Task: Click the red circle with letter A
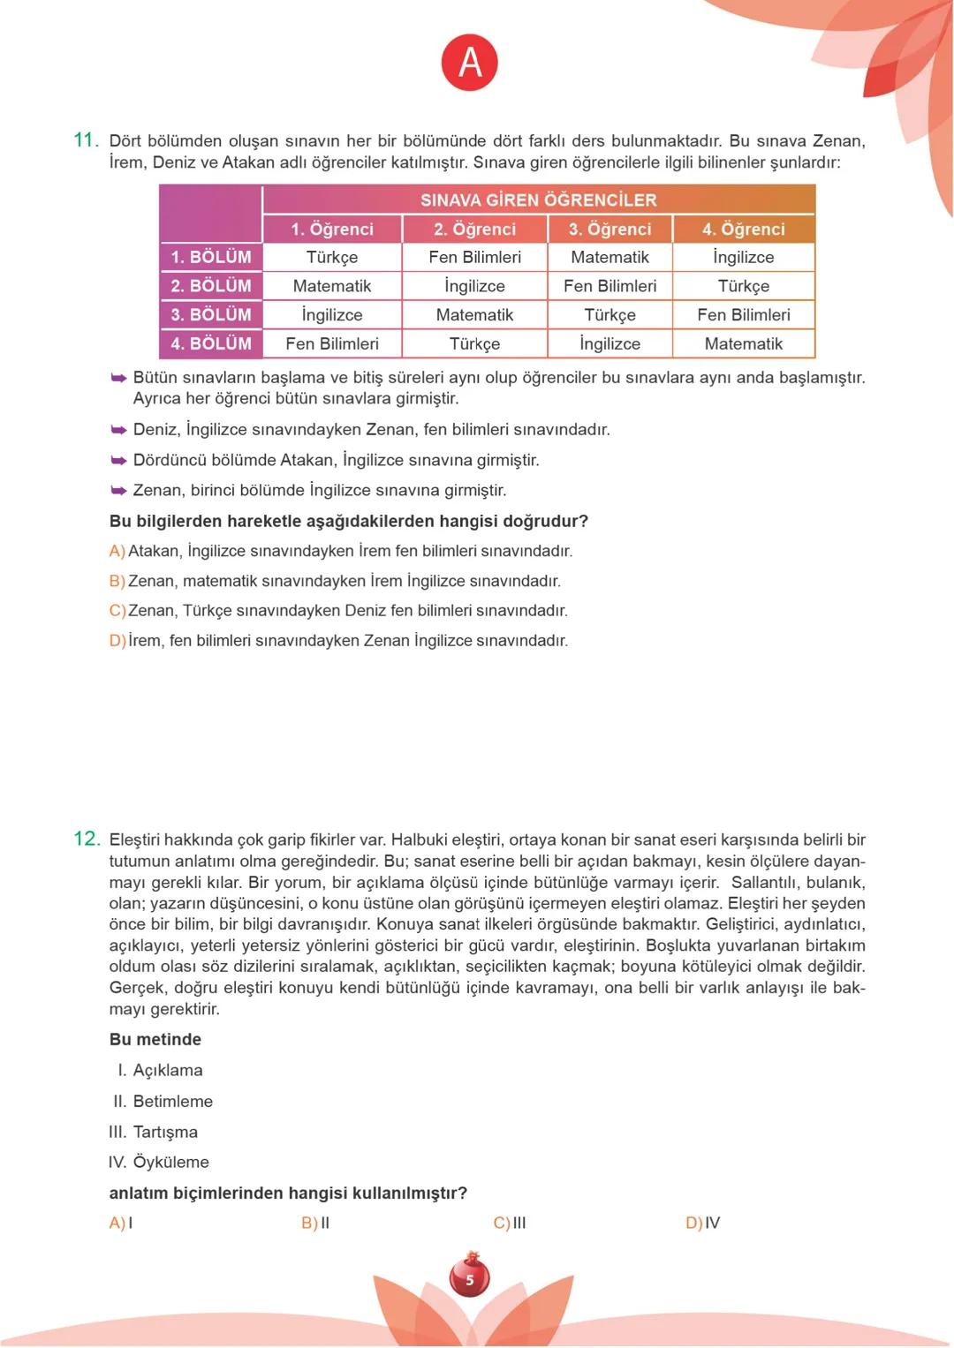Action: pyautogui.click(x=470, y=63)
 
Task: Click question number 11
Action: pyautogui.click(x=86, y=139)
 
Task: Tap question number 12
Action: pyautogui.click(x=87, y=839)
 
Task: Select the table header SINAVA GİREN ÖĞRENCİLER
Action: pyautogui.click(x=538, y=200)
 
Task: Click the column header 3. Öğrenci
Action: pyautogui.click(x=609, y=229)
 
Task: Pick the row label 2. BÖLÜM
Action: pyautogui.click(x=211, y=286)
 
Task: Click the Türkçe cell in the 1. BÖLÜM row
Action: pyautogui.click(x=332, y=257)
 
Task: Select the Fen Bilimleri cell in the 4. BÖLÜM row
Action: pyautogui.click(x=332, y=343)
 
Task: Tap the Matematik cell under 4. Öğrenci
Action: pyautogui.click(x=743, y=343)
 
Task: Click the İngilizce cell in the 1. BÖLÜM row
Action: pyautogui.click(x=743, y=257)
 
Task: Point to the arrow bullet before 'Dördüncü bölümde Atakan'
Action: pyautogui.click(x=118, y=460)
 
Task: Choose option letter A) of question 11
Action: pyautogui.click(x=117, y=551)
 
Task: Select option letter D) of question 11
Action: pyautogui.click(x=117, y=640)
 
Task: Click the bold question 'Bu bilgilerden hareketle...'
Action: pyautogui.click(x=348, y=521)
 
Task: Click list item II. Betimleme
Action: pyautogui.click(x=163, y=1101)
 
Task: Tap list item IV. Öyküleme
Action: pyautogui.click(x=159, y=1162)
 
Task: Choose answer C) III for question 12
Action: pyautogui.click(x=510, y=1223)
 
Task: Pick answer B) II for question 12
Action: pyautogui.click(x=315, y=1223)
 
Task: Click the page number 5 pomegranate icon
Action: pyautogui.click(x=470, y=1277)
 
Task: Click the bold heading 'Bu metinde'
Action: pyautogui.click(x=155, y=1039)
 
